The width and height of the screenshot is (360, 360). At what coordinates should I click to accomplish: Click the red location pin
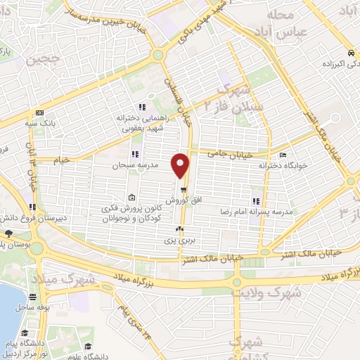tap(181, 165)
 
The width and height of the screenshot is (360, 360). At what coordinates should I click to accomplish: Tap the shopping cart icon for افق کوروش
tap(183, 190)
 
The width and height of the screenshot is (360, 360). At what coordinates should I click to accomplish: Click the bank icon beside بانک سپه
tap(39, 112)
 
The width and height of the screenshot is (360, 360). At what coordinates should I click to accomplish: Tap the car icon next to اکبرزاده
tap(350, 53)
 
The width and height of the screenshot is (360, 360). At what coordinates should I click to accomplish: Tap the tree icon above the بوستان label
tap(8, 233)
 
